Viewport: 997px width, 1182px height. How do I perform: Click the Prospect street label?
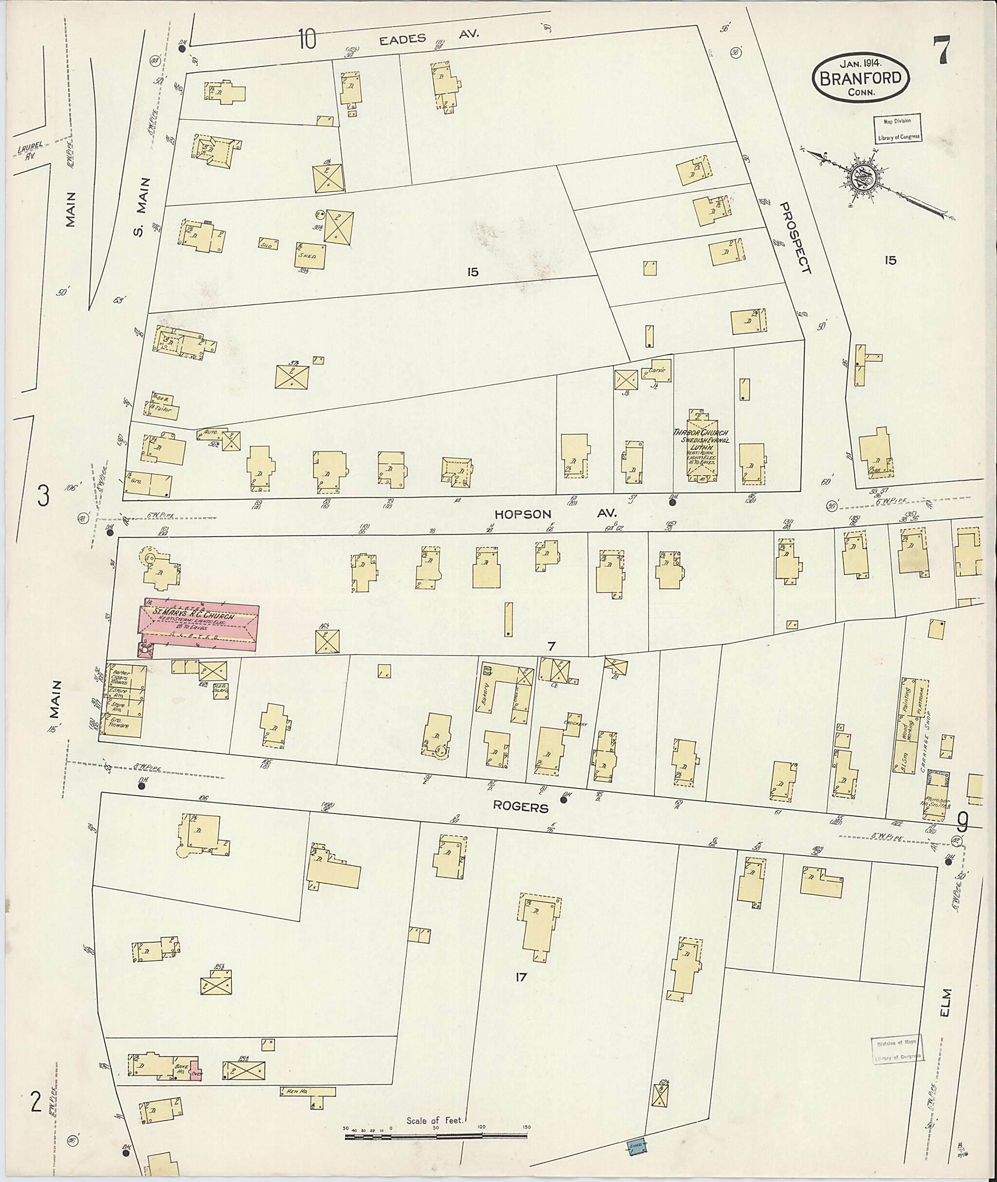coord(796,238)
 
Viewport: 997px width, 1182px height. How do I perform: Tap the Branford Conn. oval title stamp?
coord(861,78)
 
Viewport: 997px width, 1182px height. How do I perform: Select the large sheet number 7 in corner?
coord(941,50)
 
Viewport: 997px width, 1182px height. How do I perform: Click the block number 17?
coord(520,976)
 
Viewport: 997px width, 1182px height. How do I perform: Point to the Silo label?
coord(268,245)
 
